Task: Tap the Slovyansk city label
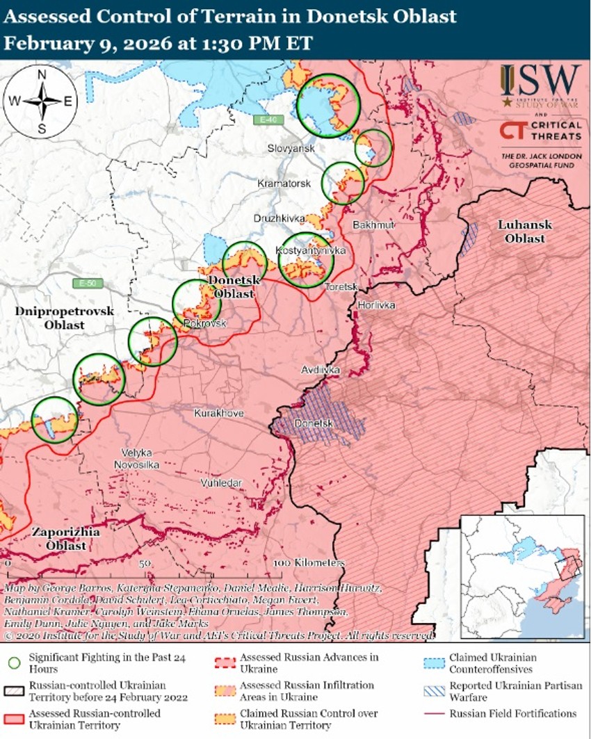coord(292,149)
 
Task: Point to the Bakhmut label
coord(373,225)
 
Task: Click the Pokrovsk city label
coord(205,324)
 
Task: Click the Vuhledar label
coord(220,482)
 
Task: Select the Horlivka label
coord(376,305)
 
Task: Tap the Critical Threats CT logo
coord(512,130)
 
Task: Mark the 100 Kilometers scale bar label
coord(309,562)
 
